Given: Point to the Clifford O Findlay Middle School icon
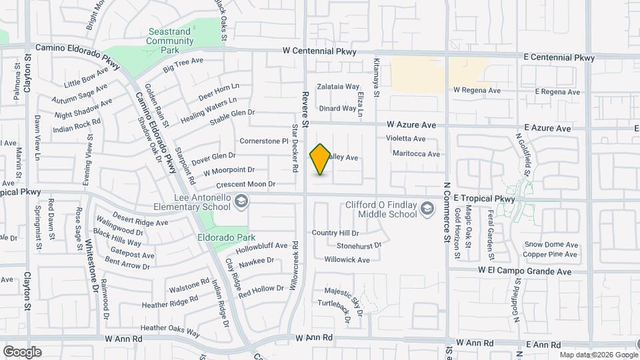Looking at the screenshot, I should coord(425,211).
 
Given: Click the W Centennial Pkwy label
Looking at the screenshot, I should coord(319,51).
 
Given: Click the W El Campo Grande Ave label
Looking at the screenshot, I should coord(525,271).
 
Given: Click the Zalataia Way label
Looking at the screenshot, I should coord(338,87).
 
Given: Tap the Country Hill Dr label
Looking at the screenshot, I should coord(335,233).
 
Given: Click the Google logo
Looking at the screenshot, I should coord(22,351).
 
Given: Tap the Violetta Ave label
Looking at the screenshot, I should coord(405,139).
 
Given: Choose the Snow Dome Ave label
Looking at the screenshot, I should coord(550,245).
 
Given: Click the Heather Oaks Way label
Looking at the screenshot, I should coord(170,328).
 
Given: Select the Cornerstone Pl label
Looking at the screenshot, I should coord(263,141).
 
